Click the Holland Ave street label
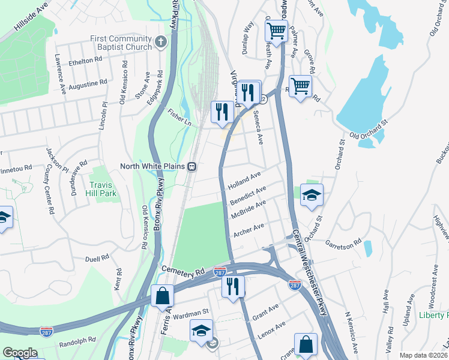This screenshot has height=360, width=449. pos(245,181)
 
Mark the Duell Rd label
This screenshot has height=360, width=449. pos(97,258)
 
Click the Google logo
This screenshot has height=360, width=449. pos(20,353)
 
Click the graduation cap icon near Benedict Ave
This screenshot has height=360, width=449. pos(312,196)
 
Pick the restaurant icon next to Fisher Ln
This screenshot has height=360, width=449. pos(222,112)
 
